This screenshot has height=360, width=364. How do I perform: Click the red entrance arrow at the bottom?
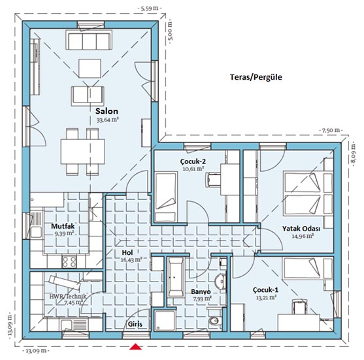coord(135,347)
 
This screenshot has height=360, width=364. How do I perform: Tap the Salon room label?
coord(107,111)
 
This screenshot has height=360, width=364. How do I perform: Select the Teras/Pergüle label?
coord(256,77)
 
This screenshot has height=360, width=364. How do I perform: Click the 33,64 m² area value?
coord(108,120)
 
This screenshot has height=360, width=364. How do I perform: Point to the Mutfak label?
coord(63,226)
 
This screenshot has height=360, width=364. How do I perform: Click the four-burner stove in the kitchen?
coord(69,261)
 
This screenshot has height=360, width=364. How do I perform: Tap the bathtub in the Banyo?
coord(176,276)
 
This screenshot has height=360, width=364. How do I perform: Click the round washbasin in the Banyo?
coord(220,282)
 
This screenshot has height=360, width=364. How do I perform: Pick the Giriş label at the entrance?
coord(135,324)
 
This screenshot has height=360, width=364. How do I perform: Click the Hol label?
coord(127,253)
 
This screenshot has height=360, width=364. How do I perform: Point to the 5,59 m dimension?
coord(150,8)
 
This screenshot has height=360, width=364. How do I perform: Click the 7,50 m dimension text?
coord(331,130)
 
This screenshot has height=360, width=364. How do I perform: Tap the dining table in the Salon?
coord(82,152)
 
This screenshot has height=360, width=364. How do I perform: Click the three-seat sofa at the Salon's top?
coord(89,40)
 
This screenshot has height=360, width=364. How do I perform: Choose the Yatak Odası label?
coord(301,229)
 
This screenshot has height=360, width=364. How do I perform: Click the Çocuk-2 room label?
coord(193,161)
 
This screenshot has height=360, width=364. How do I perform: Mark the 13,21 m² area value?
coord(266,297)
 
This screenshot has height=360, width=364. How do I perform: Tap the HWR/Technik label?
coord(68,297)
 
